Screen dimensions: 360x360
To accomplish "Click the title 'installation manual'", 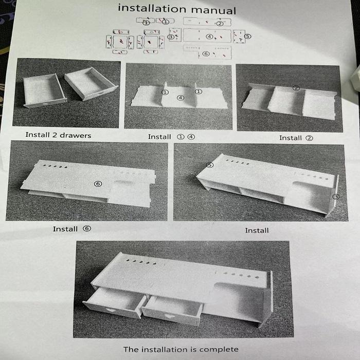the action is tap(177, 9).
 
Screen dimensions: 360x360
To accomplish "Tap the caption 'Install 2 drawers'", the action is tap(58, 135).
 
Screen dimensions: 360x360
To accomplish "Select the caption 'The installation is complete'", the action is tap(181, 349).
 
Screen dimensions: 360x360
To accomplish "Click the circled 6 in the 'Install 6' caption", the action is tap(87, 228).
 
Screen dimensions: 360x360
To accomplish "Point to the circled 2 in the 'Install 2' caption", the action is tap(309, 138).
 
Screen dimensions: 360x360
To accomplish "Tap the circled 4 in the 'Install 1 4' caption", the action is tap(191, 137).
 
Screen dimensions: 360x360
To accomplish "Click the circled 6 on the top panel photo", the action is tap(98, 184).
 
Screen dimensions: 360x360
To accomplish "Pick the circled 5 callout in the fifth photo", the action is tap(210, 165).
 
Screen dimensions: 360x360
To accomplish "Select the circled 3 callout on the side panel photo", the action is tap(336, 197).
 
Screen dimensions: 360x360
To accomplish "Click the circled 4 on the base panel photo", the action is tap(181, 98).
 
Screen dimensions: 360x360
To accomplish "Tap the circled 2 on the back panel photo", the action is tap(296, 88).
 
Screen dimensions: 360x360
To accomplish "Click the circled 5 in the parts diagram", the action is tap(248, 37).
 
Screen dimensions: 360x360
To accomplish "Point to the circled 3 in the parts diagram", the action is tap(170, 37).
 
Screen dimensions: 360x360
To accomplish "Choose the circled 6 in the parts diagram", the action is tap(206, 53).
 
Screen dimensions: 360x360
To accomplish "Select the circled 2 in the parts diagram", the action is tap(220, 24).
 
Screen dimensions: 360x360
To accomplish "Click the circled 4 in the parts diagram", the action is tap(209, 37).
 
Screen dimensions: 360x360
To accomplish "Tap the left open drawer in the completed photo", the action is tap(115, 302).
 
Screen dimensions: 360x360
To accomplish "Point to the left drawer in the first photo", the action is tap(44, 91).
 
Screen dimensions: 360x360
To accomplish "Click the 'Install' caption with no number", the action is tap(257, 230).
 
